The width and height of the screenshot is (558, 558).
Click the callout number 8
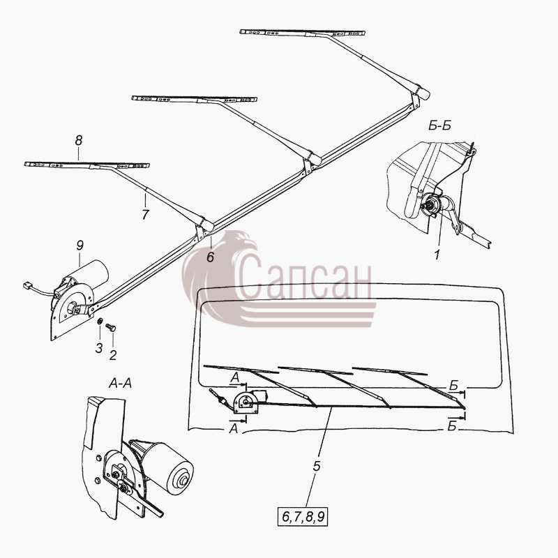tap(79, 140)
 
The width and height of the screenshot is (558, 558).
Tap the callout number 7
tap(145, 215)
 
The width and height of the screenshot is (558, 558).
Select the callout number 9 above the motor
tap(80, 246)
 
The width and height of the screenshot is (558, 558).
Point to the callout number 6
tap(211, 257)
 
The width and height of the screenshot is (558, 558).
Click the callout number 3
tap(99, 347)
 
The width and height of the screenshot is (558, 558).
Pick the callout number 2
tap(113, 355)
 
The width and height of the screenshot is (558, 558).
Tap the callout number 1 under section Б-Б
tap(437, 255)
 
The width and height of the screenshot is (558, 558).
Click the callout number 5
tap(317, 466)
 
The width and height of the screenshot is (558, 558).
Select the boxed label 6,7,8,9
tap(303, 517)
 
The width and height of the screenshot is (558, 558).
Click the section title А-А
tap(120, 384)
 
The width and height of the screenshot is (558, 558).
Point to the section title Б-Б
tap(439, 126)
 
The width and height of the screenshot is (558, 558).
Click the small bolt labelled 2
tap(111, 327)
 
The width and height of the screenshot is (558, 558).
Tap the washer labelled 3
tap(100, 321)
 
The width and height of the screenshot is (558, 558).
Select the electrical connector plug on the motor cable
tap(27, 285)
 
